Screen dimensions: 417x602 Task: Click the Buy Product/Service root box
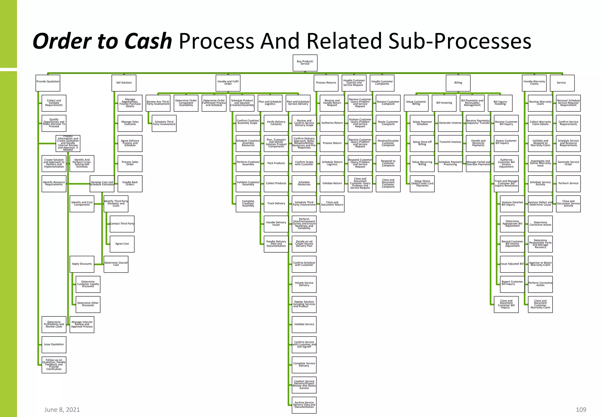click(x=305, y=63)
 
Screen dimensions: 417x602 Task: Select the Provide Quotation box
click(x=48, y=83)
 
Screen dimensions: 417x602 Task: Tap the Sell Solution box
click(x=124, y=83)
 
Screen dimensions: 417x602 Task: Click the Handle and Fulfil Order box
click(x=228, y=83)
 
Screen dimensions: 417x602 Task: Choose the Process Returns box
click(x=326, y=83)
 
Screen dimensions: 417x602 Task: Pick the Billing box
click(x=458, y=83)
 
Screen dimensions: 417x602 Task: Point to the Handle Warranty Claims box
click(x=534, y=83)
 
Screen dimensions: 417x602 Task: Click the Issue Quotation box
click(x=54, y=344)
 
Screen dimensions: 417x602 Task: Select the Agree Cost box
click(x=122, y=244)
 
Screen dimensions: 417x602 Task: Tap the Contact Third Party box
click(x=122, y=224)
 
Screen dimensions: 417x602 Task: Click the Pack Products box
click(x=276, y=164)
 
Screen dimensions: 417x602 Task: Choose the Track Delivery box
click(x=276, y=204)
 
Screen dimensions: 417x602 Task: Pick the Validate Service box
click(x=304, y=324)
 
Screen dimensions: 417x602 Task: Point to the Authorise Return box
click(x=332, y=123)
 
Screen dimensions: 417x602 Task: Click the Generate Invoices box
click(x=450, y=123)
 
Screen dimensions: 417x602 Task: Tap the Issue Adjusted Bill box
click(x=512, y=264)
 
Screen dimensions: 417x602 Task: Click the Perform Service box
click(x=568, y=184)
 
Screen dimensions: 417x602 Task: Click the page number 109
click(x=581, y=410)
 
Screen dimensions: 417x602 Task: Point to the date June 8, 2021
click(x=62, y=410)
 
